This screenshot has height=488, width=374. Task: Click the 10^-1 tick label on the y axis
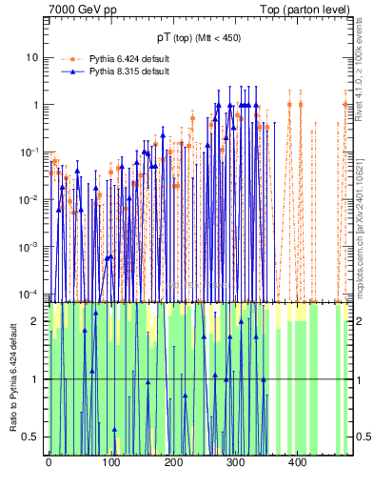[30, 152]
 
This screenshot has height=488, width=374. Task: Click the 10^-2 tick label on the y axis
[30, 198]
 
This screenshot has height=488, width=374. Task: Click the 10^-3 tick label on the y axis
[30, 246]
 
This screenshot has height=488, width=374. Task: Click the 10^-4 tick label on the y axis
[30, 293]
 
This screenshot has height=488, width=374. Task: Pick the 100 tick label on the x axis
[110, 463]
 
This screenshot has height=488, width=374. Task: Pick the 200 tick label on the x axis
[173, 463]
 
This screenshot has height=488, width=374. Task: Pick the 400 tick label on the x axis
[297, 463]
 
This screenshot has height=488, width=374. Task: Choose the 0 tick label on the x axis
[49, 463]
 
